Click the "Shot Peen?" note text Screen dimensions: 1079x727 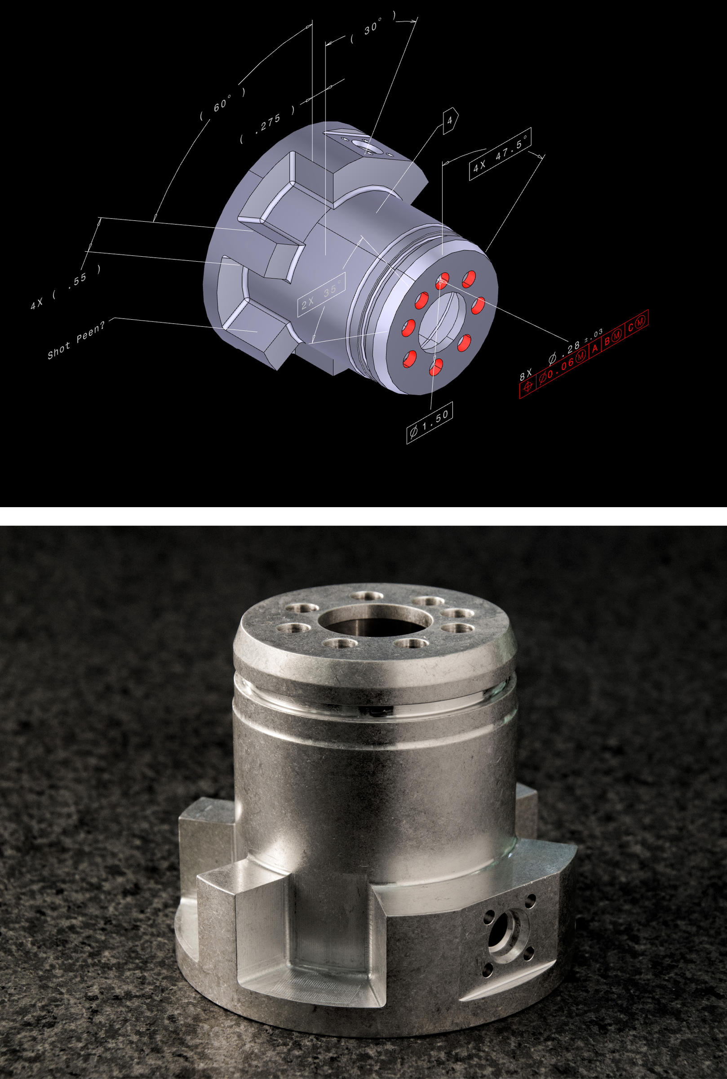coord(76,339)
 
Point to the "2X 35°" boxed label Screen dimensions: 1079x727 coord(321,297)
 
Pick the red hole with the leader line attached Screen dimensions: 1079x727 coord(442,281)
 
